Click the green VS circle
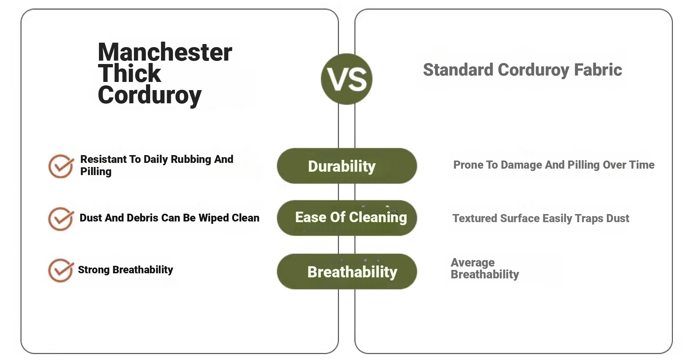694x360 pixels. [346, 79]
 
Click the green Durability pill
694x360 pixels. [347, 166]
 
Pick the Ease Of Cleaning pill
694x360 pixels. [347, 218]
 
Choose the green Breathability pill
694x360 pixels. [347, 271]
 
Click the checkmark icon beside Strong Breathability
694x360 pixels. [61, 270]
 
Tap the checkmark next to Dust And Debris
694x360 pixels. [61, 219]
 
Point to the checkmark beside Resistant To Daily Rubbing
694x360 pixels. [61, 166]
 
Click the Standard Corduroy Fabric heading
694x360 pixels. [523, 70]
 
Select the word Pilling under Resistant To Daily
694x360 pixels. [96, 172]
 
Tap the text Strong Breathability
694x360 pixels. [125, 270]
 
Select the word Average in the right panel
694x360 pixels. [473, 262]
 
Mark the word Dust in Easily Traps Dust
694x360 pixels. [618, 218]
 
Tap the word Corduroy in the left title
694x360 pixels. [150, 95]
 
